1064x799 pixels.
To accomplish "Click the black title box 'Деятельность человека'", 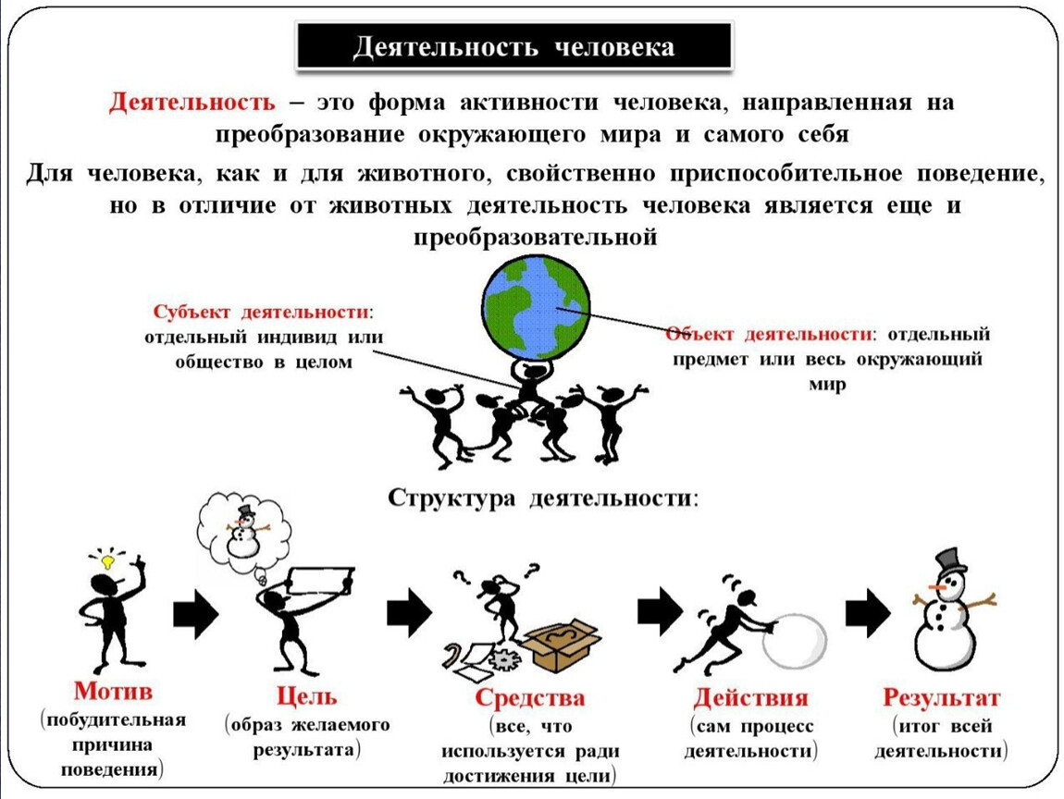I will pyautogui.click(x=513, y=47).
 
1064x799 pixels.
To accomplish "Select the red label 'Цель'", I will pyautogui.click(x=307, y=695).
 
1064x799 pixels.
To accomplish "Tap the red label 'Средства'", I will pyautogui.click(x=530, y=697).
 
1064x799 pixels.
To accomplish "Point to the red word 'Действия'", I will pyautogui.click(x=750, y=697).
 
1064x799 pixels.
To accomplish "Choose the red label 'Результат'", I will pyautogui.click(x=941, y=697).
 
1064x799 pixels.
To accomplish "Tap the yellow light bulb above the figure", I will pyautogui.click(x=107, y=560).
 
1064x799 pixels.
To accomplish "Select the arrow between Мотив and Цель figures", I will pyautogui.click(x=195, y=613).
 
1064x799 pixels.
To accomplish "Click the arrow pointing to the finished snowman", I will pyautogui.click(x=867, y=612).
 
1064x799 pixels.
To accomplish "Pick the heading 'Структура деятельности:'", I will pyautogui.click(x=543, y=498).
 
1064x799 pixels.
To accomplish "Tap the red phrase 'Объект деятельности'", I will pyautogui.click(x=768, y=333).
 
